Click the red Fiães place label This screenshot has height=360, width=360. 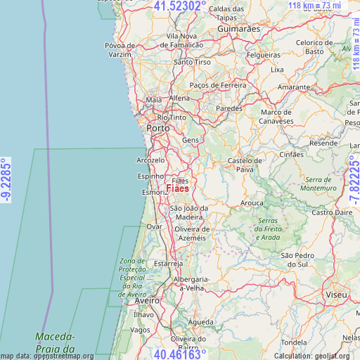point(177,188)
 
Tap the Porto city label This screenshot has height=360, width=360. point(157,129)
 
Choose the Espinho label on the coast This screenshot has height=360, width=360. point(150,176)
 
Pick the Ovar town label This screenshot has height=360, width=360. point(153,226)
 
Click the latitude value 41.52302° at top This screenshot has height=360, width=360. point(180,6)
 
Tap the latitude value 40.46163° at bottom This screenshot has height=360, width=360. point(180,354)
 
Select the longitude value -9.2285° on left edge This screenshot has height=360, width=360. point(6,179)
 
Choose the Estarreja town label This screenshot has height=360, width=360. point(169,264)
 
